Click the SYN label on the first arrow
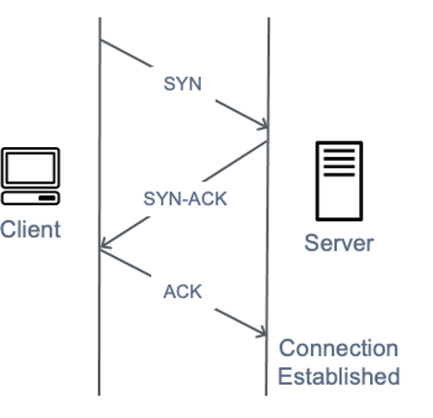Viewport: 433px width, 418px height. [x=182, y=83]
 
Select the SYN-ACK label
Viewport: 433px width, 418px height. [x=185, y=198]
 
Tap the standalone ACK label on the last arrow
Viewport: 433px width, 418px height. [x=182, y=292]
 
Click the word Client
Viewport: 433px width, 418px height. [x=30, y=228]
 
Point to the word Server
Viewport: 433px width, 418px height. [x=339, y=243]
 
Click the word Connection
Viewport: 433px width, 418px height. [x=339, y=350]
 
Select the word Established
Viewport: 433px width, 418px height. [x=339, y=376]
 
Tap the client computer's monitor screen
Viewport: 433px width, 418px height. [x=30, y=169]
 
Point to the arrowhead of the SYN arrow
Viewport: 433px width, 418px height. [x=263, y=127]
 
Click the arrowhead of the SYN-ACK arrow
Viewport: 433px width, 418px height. [x=105, y=246]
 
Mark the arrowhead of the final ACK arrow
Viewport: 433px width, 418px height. [x=263, y=334]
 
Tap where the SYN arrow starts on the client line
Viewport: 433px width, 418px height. [x=100, y=41]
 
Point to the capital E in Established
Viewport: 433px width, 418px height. [x=284, y=376]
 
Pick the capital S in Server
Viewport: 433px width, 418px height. [x=311, y=243]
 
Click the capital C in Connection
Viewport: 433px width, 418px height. [x=287, y=350]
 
